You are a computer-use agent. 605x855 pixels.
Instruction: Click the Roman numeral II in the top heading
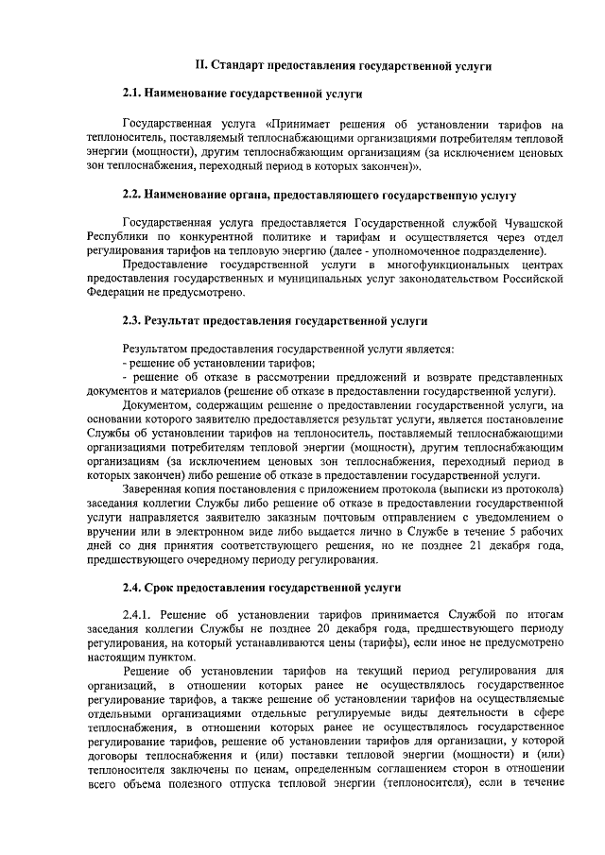(x=199, y=65)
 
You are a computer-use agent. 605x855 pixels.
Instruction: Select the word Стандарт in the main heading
(x=240, y=65)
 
